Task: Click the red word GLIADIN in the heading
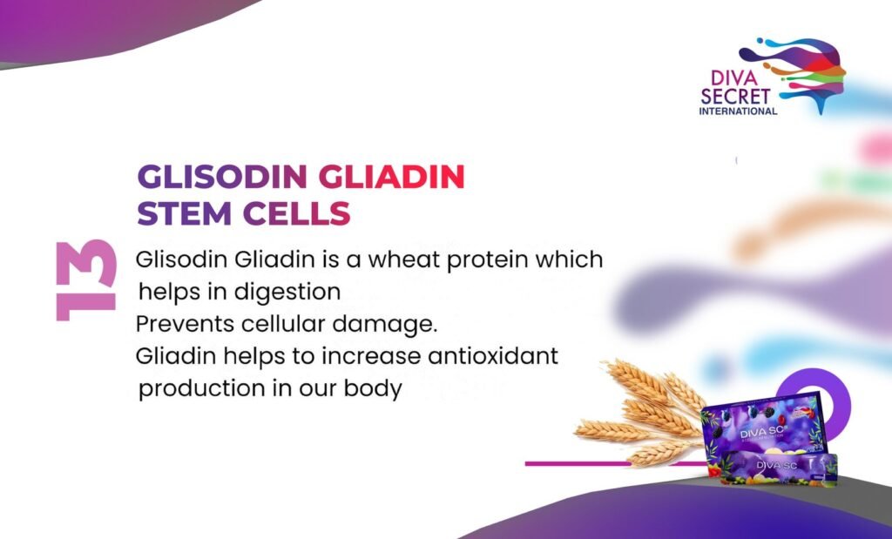tap(391, 177)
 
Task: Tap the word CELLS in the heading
tap(296, 213)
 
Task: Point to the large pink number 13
tap(86, 280)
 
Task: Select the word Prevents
tap(185, 324)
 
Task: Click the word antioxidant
tap(493, 356)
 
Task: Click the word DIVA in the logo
tap(734, 77)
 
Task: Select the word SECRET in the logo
tap(735, 96)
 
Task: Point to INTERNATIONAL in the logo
tap(738, 111)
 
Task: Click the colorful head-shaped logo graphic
tap(794, 71)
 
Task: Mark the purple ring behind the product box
tap(834, 393)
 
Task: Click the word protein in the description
tap(480, 260)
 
